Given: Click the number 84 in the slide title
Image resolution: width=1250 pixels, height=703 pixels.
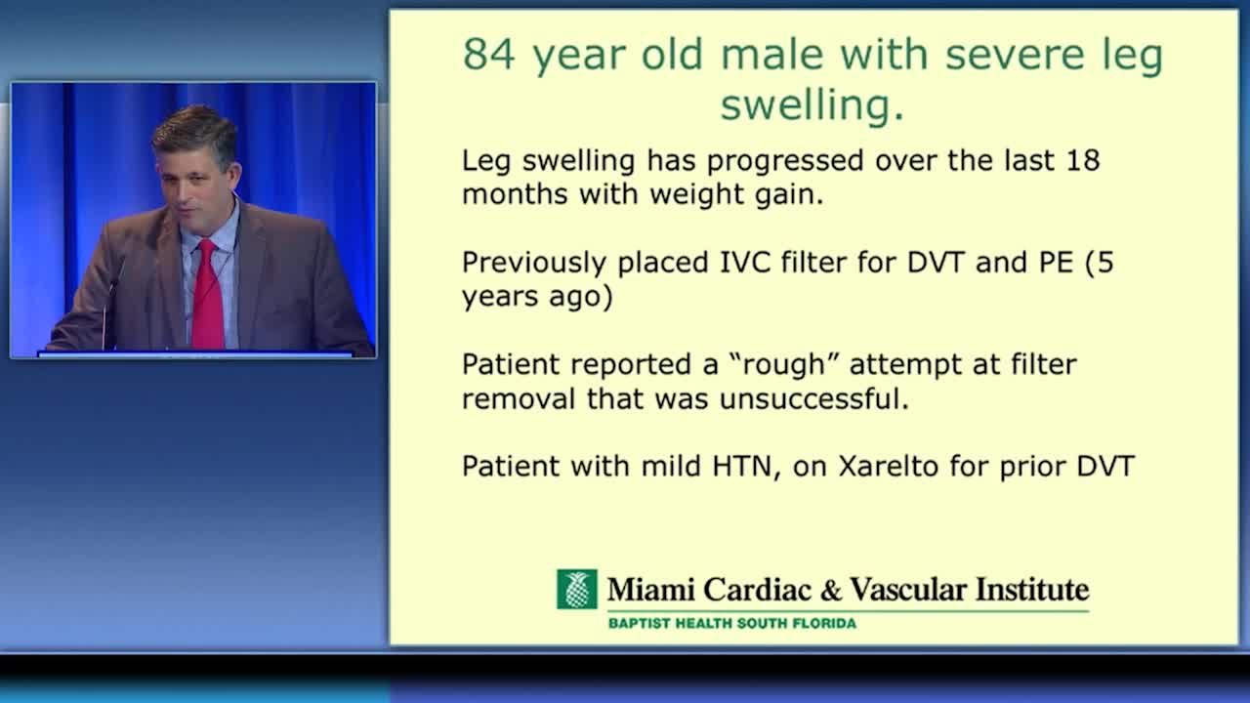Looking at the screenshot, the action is pos(489,54).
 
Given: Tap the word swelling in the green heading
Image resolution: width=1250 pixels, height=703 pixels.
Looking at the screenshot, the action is pos(812,104).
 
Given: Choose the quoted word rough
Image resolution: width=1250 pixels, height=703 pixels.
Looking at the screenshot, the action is pos(784,365).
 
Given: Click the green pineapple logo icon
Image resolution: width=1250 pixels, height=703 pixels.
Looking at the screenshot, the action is pos(577,589).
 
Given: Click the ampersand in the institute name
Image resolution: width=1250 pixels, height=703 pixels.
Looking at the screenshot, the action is pos(831,591).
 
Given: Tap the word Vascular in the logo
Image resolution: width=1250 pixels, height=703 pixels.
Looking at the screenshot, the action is pos(908,590).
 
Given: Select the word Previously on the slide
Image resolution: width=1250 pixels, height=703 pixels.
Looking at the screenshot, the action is pos(534,264).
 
